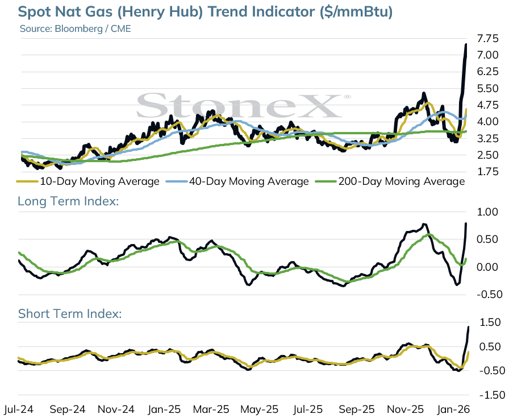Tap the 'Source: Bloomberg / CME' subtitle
pyautogui.click(x=76, y=28)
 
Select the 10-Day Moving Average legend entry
pyautogui.click(x=88, y=181)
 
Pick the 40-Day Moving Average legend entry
pyautogui.click(x=237, y=181)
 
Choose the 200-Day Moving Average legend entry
pyautogui.click(x=390, y=181)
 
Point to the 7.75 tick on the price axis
pyautogui.click(x=487, y=39)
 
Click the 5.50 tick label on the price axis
pyautogui.click(x=487, y=88)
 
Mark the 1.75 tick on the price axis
pyautogui.click(x=487, y=172)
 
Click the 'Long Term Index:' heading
pyautogui.click(x=68, y=201)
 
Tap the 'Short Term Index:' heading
pyautogui.click(x=70, y=314)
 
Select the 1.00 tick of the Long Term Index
pyautogui.click(x=487, y=212)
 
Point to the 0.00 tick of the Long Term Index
pyautogui.click(x=487, y=267)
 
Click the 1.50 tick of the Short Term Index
pyautogui.click(x=490, y=322)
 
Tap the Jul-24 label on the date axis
pyautogui.click(x=19, y=409)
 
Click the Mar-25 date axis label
pyautogui.click(x=211, y=409)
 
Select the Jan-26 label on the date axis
pyautogui.click(x=453, y=409)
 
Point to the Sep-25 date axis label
pyautogui.click(x=356, y=409)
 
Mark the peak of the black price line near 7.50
pyautogui.click(x=466, y=44)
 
